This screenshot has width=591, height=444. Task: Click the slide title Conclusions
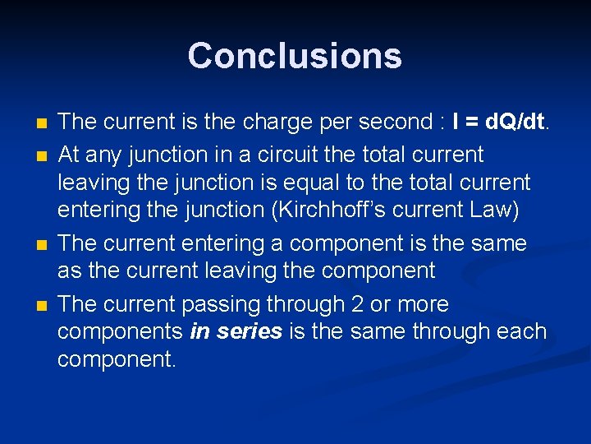(295, 56)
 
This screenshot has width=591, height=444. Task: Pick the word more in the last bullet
(423, 305)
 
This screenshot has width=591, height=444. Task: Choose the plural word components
(121, 332)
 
